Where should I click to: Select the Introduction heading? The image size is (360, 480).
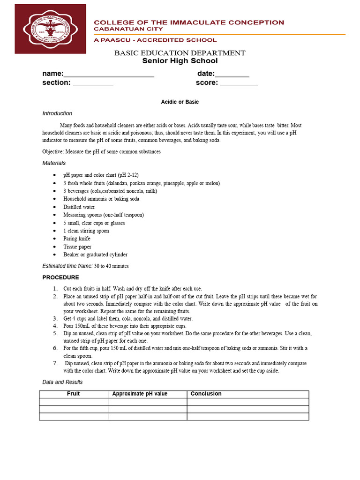coord(57,113)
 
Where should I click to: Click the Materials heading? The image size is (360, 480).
coord(54,163)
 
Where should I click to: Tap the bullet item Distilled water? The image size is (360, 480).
coord(79,207)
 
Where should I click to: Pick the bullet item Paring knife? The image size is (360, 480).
coord(77,239)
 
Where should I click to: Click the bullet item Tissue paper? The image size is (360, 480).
coord(77,247)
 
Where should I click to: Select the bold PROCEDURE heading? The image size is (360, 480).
coord(60,277)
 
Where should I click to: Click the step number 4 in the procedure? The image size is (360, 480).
coord(55,326)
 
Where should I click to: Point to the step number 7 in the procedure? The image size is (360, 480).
coord(55,363)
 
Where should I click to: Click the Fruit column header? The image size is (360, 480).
coord(74,394)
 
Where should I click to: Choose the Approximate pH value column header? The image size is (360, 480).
coord(140,394)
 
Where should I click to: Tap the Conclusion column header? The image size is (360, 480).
coord(206,394)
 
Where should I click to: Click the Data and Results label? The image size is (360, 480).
coord(62,382)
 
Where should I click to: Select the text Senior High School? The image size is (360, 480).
coord(180,61)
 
